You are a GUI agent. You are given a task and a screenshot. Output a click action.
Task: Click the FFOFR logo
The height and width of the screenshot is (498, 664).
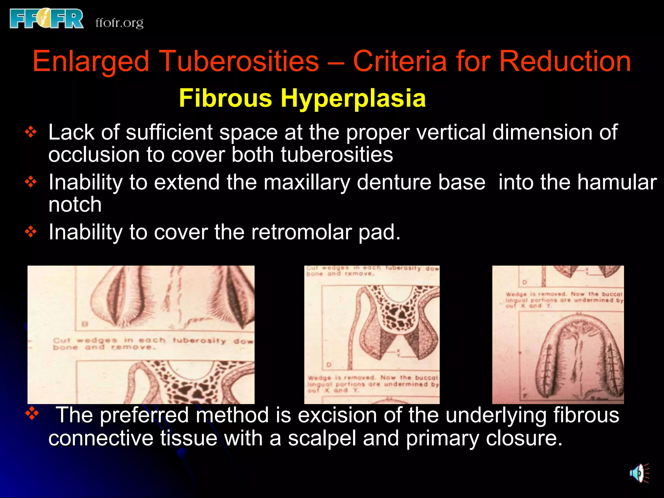(x=47, y=19)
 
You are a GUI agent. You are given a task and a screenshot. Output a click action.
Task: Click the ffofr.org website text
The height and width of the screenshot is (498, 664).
(x=119, y=23)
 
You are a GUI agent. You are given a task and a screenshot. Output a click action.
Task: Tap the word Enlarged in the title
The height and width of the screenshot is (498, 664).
(x=91, y=61)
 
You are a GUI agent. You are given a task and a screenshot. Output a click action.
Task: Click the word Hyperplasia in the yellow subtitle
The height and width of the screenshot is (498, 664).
(x=353, y=98)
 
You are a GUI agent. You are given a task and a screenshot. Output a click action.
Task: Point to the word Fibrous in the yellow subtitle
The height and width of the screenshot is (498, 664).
(x=225, y=98)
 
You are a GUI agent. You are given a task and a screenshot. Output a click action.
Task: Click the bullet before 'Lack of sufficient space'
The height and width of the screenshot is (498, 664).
(x=31, y=132)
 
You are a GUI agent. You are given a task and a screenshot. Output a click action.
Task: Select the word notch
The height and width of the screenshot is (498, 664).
(x=75, y=205)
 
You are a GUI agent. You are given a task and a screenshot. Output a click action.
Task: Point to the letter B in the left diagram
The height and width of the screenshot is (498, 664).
(x=85, y=324)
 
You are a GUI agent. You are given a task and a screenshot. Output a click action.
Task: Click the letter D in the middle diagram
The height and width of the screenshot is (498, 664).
(x=329, y=365)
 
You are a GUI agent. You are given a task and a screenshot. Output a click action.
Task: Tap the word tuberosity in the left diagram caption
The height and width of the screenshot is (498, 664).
(x=199, y=340)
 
